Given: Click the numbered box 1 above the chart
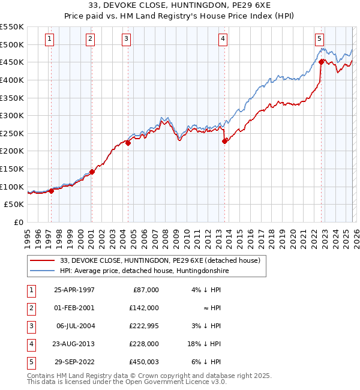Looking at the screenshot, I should [x=49, y=39].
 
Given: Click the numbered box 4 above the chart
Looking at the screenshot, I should [x=223, y=39].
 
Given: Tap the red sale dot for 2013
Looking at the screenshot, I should [x=224, y=142].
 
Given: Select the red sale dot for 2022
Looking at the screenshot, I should [x=322, y=61].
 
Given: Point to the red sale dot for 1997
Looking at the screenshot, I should [x=52, y=191].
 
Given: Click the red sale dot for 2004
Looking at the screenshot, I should [x=128, y=143].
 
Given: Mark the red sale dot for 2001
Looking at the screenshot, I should [x=92, y=172].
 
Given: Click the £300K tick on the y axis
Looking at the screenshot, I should [x=13, y=115].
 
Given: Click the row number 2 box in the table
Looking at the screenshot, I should [x=29, y=307].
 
